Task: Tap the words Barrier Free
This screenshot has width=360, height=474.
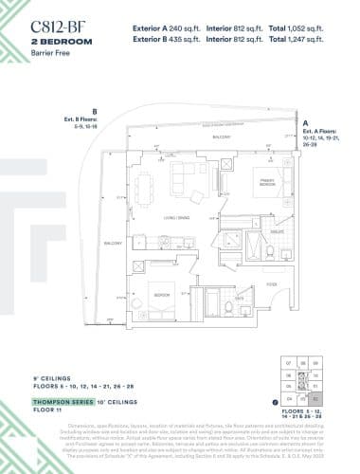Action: (x=53, y=55)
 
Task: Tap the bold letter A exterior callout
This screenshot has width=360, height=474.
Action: (x=305, y=122)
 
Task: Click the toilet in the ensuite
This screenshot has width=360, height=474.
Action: (x=269, y=251)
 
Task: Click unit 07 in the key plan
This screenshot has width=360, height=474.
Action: (x=290, y=364)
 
